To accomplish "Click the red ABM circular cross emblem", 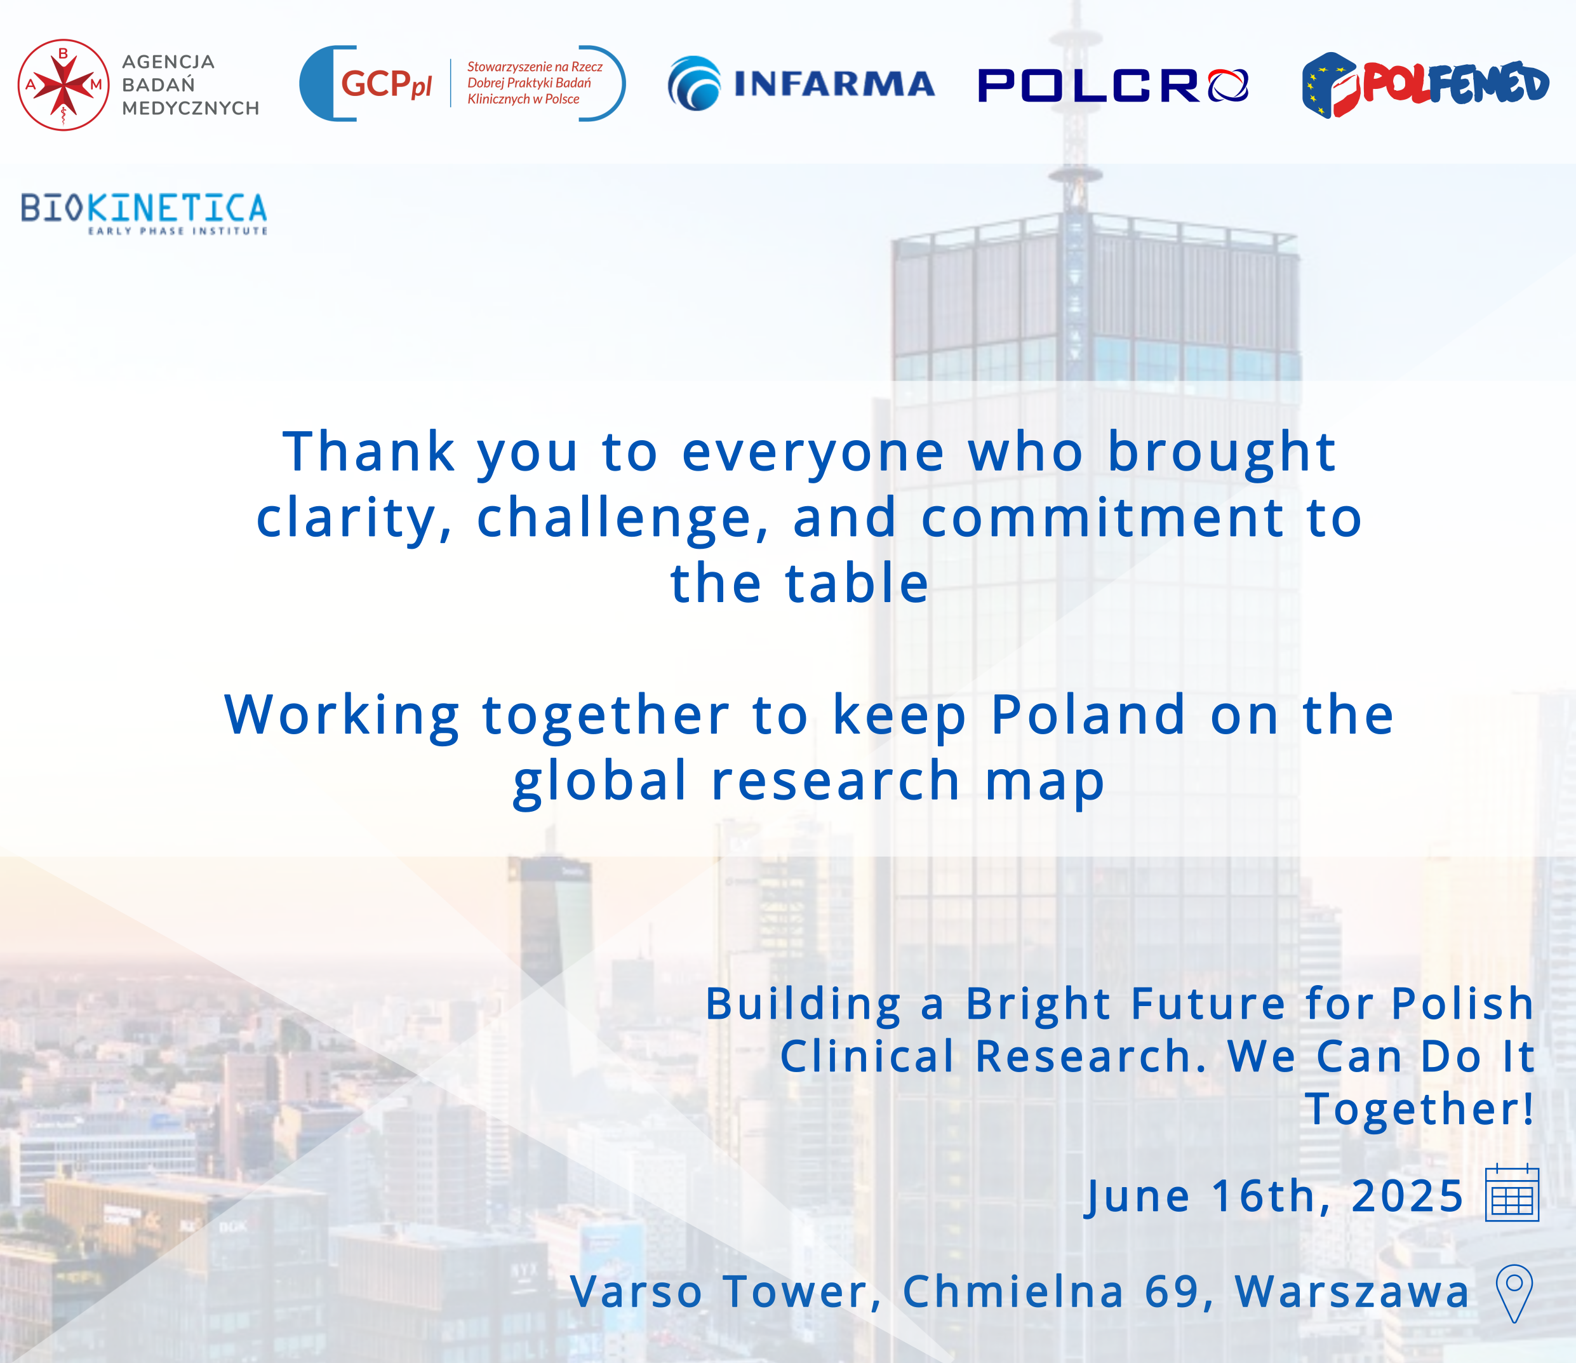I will pyautogui.click(x=63, y=84).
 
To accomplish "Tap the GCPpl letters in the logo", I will pyautogui.click(x=385, y=84).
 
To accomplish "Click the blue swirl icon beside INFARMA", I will pyautogui.click(x=693, y=84).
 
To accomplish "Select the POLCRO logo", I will pyautogui.click(x=1112, y=84).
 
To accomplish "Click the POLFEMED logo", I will pyautogui.click(x=1425, y=84).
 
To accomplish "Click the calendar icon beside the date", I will pyautogui.click(x=1511, y=1194).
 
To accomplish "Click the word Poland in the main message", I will pyautogui.click(x=1088, y=715).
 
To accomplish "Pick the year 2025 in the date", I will pyautogui.click(x=1406, y=1196).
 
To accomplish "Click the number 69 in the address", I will pyautogui.click(x=1173, y=1291).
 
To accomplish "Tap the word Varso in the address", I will pyautogui.click(x=636, y=1291).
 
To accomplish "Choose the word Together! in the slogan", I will pyautogui.click(x=1419, y=1108).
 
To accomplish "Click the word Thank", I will pyautogui.click(x=369, y=452).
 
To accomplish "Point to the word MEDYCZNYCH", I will pyautogui.click(x=190, y=108).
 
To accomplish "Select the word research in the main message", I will pyautogui.click(x=835, y=781).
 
